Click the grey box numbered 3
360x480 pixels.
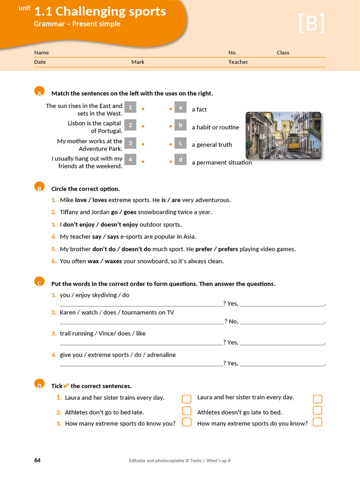(x=130, y=143)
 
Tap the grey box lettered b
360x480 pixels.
(x=180, y=125)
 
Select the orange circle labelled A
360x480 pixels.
(x=39, y=91)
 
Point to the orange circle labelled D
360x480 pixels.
(x=39, y=384)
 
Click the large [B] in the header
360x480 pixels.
(x=312, y=23)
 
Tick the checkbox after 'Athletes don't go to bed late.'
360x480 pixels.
(x=187, y=411)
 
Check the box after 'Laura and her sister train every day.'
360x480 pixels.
(x=317, y=399)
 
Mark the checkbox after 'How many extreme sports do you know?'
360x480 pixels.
(x=317, y=422)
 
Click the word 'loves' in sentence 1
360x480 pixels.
(x=100, y=200)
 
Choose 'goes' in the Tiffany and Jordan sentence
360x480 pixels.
(x=130, y=212)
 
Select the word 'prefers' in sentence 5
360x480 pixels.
(x=228, y=249)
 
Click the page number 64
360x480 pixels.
(x=37, y=460)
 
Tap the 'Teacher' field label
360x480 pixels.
(x=238, y=62)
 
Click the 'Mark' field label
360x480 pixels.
(x=138, y=62)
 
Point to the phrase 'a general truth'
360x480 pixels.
(x=212, y=145)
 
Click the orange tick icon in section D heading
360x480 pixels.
(x=67, y=385)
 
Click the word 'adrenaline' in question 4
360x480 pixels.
(x=161, y=355)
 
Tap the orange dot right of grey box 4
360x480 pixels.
(x=143, y=161)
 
